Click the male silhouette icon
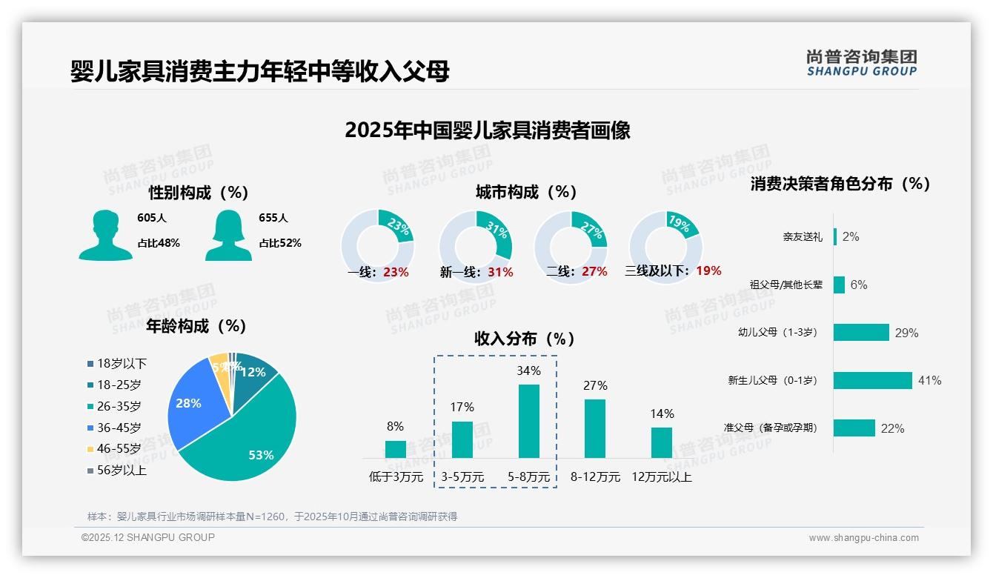[105, 236]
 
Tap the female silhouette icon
[228, 236]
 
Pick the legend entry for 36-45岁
[119, 428]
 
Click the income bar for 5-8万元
[529, 421]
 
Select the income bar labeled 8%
[396, 449]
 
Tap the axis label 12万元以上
[662, 477]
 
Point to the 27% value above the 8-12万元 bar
[595, 385]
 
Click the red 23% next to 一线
[396, 272]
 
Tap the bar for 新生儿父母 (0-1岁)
[872, 380]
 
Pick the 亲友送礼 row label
[802, 237]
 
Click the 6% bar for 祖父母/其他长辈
[839, 285]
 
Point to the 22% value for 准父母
[892, 428]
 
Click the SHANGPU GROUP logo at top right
[861, 62]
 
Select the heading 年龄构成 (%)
[196, 326]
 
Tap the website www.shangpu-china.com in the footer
[863, 538]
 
